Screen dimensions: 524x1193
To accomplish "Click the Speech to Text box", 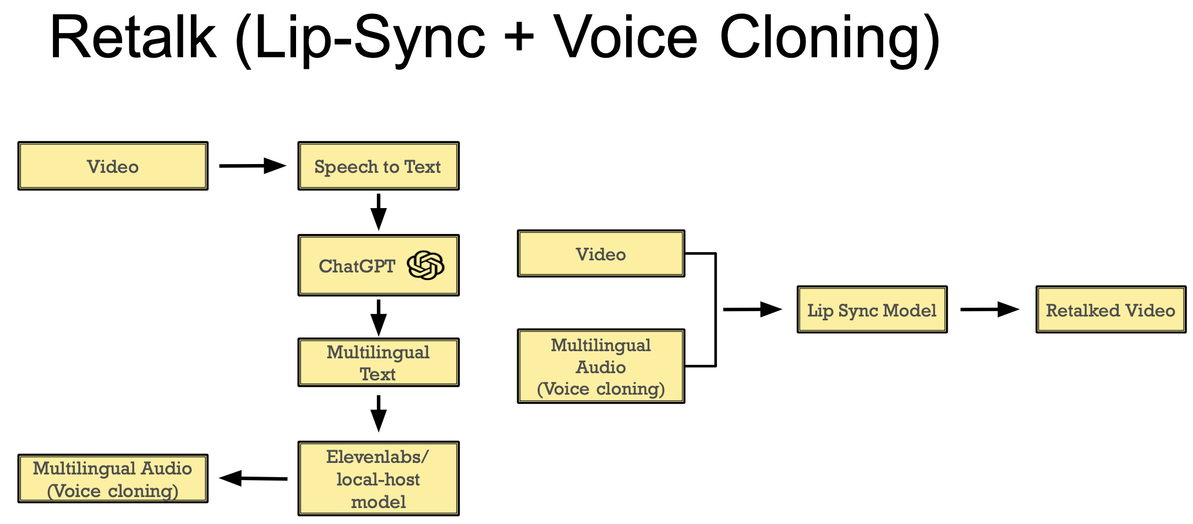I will pos(378,166).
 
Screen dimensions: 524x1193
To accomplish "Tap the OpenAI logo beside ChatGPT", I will pos(425,265).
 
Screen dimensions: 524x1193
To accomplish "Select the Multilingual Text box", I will pos(378,363).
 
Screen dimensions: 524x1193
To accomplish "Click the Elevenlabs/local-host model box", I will pos(378,479).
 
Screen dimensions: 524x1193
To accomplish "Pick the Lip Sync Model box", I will pos(872,310).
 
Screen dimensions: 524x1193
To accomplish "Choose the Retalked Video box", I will pos(1110,310).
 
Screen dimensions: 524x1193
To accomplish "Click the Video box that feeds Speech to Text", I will pos(113,166).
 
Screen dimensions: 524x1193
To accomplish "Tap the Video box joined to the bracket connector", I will pos(601,254).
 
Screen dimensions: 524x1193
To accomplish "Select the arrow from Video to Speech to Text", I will pos(253,166).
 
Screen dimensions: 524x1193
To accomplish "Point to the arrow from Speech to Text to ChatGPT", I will pos(379,212).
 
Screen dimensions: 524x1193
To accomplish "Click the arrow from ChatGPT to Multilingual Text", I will pos(379,318).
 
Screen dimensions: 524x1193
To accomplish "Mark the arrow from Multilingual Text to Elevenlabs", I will pos(379,413).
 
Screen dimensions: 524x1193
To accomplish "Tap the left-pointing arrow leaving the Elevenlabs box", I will pos(253,478).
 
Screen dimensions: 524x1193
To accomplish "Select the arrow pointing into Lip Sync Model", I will pos(752,309).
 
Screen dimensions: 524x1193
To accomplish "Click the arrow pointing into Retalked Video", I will pos(989,309).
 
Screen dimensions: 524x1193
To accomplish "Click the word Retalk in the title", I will pos(133,37).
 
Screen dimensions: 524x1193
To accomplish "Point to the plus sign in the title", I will pos(519,37).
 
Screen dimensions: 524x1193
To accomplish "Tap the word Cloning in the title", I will pos(830,37).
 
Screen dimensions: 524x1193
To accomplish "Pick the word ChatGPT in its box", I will pos(357,266).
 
